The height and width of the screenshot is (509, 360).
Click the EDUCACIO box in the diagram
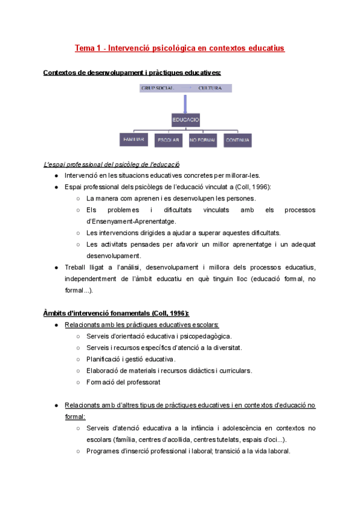[x=185, y=119]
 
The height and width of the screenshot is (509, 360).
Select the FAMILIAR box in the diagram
[x=133, y=140]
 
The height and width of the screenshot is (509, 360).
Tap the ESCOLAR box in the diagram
[x=169, y=140]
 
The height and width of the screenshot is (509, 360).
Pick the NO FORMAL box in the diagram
[x=203, y=140]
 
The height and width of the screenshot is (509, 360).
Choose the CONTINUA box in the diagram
[x=238, y=140]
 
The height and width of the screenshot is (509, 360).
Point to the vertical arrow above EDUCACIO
[x=186, y=103]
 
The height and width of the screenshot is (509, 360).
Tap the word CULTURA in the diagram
[x=210, y=88]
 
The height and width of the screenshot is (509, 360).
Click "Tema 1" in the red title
[x=86, y=47]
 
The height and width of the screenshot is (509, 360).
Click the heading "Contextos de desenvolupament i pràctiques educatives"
[x=132, y=73]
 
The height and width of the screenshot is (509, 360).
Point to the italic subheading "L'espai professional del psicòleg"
[x=112, y=164]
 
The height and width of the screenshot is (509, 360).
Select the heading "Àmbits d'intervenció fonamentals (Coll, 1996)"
[x=116, y=313]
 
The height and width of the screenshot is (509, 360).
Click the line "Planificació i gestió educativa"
[x=131, y=359]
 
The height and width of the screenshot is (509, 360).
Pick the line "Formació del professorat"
[x=123, y=382]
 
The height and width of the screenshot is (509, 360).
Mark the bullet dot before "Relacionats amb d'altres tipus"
[x=56, y=405]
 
